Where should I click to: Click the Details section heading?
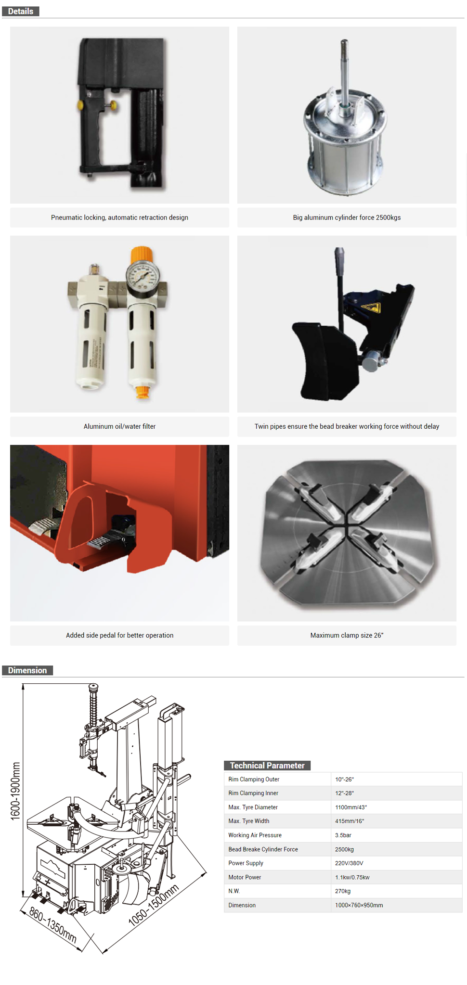click(x=20, y=11)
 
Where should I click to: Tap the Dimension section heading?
click(x=27, y=670)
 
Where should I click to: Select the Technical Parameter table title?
click(x=267, y=765)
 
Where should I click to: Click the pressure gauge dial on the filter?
click(x=143, y=274)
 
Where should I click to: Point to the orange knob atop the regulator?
click(x=142, y=253)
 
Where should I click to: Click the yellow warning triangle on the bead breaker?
click(x=370, y=307)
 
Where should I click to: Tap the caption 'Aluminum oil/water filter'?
click(x=119, y=426)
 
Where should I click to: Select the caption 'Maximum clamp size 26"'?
click(x=347, y=635)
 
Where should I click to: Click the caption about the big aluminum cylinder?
click(x=347, y=217)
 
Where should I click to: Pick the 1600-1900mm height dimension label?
click(x=16, y=791)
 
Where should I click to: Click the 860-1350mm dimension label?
click(x=53, y=925)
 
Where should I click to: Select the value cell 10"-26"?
click(x=344, y=779)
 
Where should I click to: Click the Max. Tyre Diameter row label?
click(x=253, y=807)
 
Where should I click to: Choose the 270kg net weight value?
click(x=343, y=891)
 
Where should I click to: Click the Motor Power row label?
click(x=245, y=877)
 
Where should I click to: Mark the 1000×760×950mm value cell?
click(x=359, y=905)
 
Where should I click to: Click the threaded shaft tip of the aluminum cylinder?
click(x=344, y=46)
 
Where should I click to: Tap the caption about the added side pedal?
click(x=119, y=635)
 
